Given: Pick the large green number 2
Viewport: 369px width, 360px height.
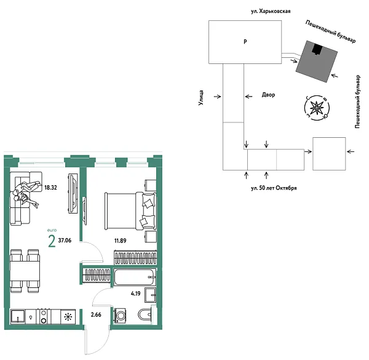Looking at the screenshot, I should point(52,241).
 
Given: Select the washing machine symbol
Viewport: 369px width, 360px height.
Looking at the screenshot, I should point(121,316).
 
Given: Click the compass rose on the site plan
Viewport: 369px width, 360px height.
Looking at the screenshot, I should point(317,108).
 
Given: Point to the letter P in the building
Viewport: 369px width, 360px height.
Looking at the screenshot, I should point(245,42).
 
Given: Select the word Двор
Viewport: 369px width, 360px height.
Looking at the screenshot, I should point(268,95).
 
